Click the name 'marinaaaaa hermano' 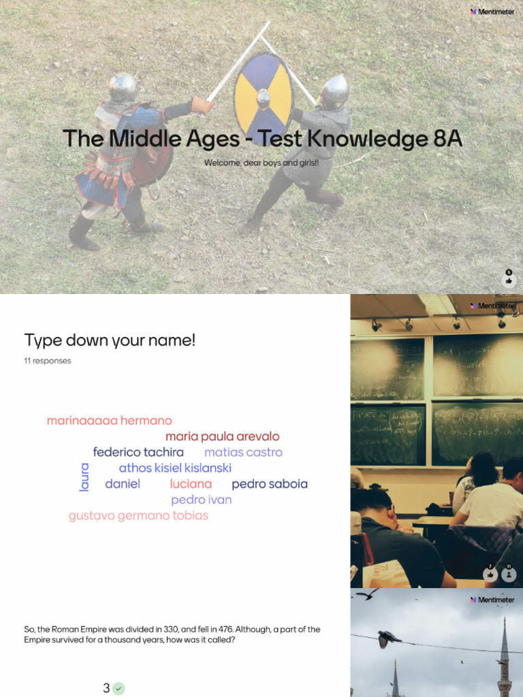point(109,421)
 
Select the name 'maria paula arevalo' point(222,436)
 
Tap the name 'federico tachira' point(138,452)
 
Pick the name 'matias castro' point(243,452)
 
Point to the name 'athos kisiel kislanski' point(175,468)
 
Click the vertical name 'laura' point(84,476)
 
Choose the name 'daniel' point(123,484)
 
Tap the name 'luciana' point(191,484)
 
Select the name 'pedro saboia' point(270,484)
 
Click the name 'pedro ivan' point(202,500)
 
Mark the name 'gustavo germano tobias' point(138,515)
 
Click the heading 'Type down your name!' point(110,340)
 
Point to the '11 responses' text point(48,361)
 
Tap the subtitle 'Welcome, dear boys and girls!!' point(261,163)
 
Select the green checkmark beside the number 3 point(119,688)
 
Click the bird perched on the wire point(388,638)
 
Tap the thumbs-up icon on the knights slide point(509,280)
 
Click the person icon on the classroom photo point(509,574)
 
